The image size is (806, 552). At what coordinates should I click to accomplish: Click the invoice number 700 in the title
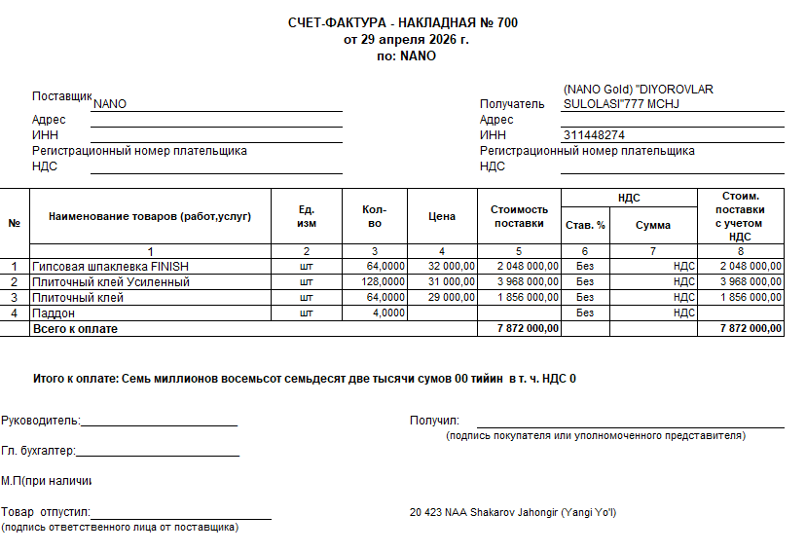coord(507,22)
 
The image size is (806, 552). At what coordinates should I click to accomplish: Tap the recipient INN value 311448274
coord(594,135)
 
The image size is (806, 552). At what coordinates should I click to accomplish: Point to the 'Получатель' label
coord(512,104)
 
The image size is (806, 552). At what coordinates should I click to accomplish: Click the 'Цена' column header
coord(442,216)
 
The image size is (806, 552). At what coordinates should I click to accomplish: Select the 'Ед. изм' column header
coord(307,216)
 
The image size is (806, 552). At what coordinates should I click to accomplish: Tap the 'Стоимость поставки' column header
coord(519,216)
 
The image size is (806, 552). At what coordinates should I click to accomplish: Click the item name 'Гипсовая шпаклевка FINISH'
coord(110,266)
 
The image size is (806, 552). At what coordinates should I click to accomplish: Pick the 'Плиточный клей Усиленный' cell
coord(110,281)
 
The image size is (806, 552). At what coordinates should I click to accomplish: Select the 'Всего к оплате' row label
coord(75,329)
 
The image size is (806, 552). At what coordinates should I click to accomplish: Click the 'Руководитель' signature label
coord(40,421)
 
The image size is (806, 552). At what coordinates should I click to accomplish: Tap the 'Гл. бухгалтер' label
coord(37,451)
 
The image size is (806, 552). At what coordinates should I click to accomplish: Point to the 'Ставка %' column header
coord(585,225)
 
